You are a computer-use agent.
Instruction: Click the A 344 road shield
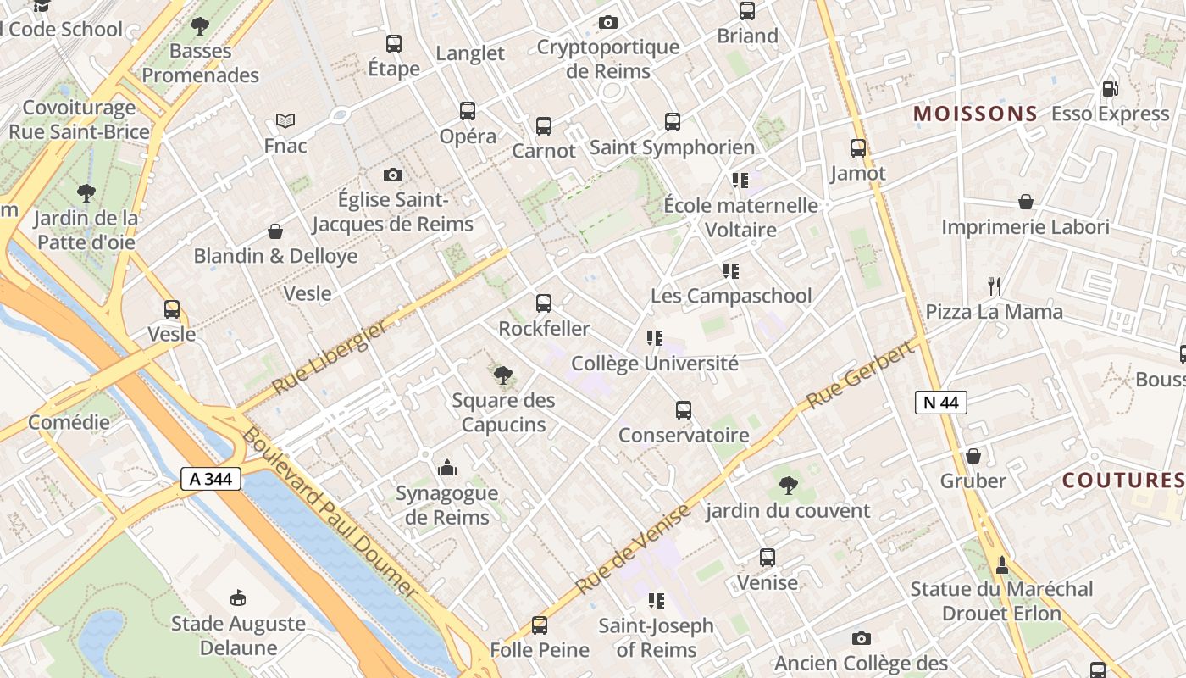(211, 479)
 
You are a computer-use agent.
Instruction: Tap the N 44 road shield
(940, 403)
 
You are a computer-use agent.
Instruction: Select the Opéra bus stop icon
(468, 110)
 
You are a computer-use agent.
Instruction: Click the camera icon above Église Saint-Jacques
(393, 175)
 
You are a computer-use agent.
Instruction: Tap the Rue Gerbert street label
(862, 374)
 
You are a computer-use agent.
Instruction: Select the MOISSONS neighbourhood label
(975, 114)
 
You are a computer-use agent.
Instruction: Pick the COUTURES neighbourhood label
(1122, 481)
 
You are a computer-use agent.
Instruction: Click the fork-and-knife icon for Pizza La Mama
(995, 286)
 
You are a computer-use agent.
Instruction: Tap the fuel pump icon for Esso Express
(1110, 88)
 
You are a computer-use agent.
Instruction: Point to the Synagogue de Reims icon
(446, 468)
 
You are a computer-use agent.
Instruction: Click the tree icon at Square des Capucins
(503, 374)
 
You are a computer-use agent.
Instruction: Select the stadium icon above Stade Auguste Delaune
(238, 597)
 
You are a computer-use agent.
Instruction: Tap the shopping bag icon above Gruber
(973, 456)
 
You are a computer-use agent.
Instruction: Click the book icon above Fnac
(285, 121)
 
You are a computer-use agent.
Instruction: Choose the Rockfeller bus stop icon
(544, 303)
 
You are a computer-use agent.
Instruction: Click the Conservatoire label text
(684, 436)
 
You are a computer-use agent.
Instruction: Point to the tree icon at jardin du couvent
(788, 486)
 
